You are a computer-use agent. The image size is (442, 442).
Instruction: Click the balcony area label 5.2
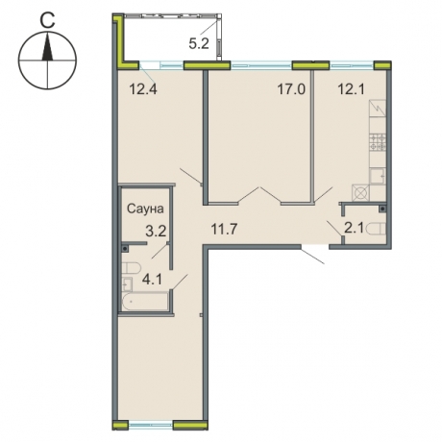199,43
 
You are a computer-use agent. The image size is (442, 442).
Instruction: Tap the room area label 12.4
143,88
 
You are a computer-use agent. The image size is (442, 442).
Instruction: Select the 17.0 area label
291,89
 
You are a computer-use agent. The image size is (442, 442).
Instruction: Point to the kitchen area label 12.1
351,89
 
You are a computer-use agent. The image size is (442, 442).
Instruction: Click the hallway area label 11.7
224,229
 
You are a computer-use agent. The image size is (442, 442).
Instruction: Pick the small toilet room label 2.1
354,228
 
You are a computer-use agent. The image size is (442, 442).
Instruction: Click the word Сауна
145,209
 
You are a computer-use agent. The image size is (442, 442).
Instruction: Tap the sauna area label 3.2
156,231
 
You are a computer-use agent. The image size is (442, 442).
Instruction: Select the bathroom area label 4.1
152,280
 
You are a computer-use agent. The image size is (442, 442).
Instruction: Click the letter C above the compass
47,21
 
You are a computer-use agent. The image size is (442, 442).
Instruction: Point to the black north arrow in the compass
47,47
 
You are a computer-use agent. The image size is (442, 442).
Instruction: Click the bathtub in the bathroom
145,301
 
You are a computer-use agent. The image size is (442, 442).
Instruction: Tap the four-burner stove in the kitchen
378,142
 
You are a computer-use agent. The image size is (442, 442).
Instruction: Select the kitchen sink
378,176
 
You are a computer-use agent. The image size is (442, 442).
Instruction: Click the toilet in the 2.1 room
376,229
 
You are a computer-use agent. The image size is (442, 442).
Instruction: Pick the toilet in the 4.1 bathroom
132,268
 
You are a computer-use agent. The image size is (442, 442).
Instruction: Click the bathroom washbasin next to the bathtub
127,284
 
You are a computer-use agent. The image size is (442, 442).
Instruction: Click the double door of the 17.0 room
259,195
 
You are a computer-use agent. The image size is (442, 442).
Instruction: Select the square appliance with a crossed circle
360,193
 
